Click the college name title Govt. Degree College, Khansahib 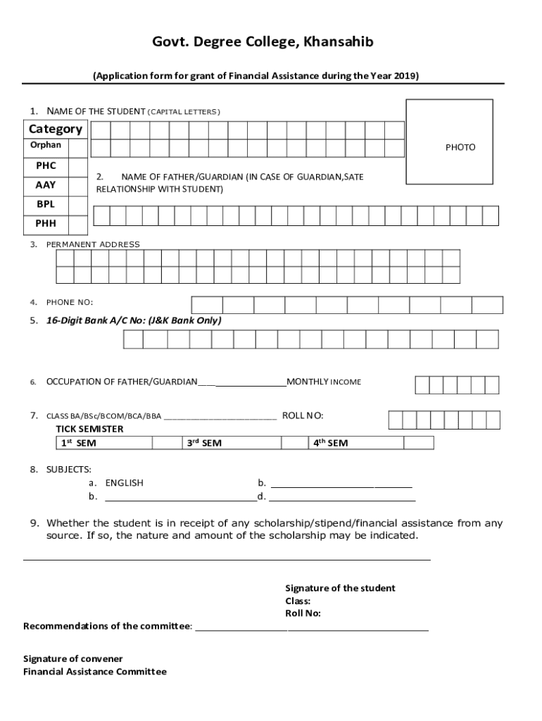[263, 43]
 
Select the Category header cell [56, 129]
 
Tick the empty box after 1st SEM [168, 443]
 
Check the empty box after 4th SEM [418, 443]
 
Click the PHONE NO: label [70, 303]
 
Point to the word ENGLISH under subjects [124, 483]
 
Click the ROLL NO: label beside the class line [303, 415]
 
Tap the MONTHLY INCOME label [324, 382]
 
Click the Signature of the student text [340, 588]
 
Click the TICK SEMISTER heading [89, 429]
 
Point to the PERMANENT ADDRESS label [93, 244]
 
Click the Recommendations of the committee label [108, 626]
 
